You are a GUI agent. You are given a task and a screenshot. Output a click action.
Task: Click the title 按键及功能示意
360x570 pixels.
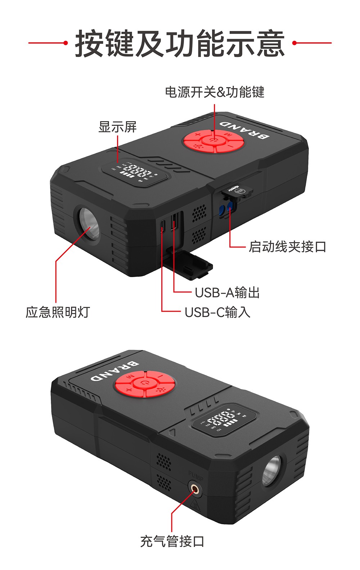pyautogui.click(x=180, y=44)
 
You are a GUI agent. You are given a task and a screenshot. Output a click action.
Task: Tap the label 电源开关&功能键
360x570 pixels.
pyautogui.click(x=215, y=92)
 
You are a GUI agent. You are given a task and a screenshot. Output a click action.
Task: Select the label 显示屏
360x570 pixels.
pyautogui.click(x=117, y=127)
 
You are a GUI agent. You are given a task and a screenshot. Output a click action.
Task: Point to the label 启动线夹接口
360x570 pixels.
pyautogui.click(x=287, y=247)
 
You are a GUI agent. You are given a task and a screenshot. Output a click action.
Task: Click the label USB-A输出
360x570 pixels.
pyautogui.click(x=227, y=292)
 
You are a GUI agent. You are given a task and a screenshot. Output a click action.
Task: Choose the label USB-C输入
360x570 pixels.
pyautogui.click(x=217, y=312)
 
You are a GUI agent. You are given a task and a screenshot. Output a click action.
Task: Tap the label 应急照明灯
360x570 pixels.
pyautogui.click(x=58, y=312)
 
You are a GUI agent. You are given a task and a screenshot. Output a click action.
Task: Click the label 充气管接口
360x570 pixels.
pyautogui.click(x=172, y=541)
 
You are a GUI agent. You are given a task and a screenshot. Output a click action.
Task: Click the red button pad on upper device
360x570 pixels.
pyautogui.click(x=214, y=141)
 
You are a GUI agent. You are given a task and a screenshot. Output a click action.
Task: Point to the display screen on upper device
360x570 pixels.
pyautogui.click(x=136, y=173)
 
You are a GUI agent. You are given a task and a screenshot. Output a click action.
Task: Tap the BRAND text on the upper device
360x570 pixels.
pyautogui.click(x=244, y=130)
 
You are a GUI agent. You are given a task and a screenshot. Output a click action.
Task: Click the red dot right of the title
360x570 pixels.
pyautogui.click(x=294, y=43)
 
